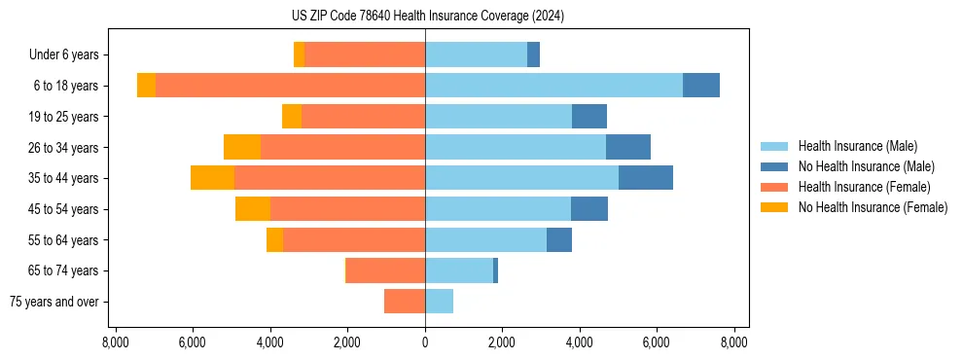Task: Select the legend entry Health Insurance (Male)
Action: click(857, 146)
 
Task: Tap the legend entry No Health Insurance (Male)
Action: click(866, 166)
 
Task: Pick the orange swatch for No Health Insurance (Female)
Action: click(774, 207)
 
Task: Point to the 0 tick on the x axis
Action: click(425, 342)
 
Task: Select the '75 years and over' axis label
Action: click(54, 302)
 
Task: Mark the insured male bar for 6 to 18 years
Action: click(553, 86)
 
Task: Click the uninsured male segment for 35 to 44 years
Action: click(646, 178)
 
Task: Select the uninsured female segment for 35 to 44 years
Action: click(212, 178)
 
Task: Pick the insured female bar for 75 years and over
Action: click(405, 302)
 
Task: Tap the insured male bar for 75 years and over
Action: click(439, 302)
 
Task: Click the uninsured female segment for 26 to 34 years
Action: click(242, 147)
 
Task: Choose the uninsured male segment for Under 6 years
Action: click(533, 55)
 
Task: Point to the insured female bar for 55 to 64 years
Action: click(354, 239)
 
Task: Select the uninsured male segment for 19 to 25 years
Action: click(589, 117)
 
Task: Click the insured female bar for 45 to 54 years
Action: click(347, 209)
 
